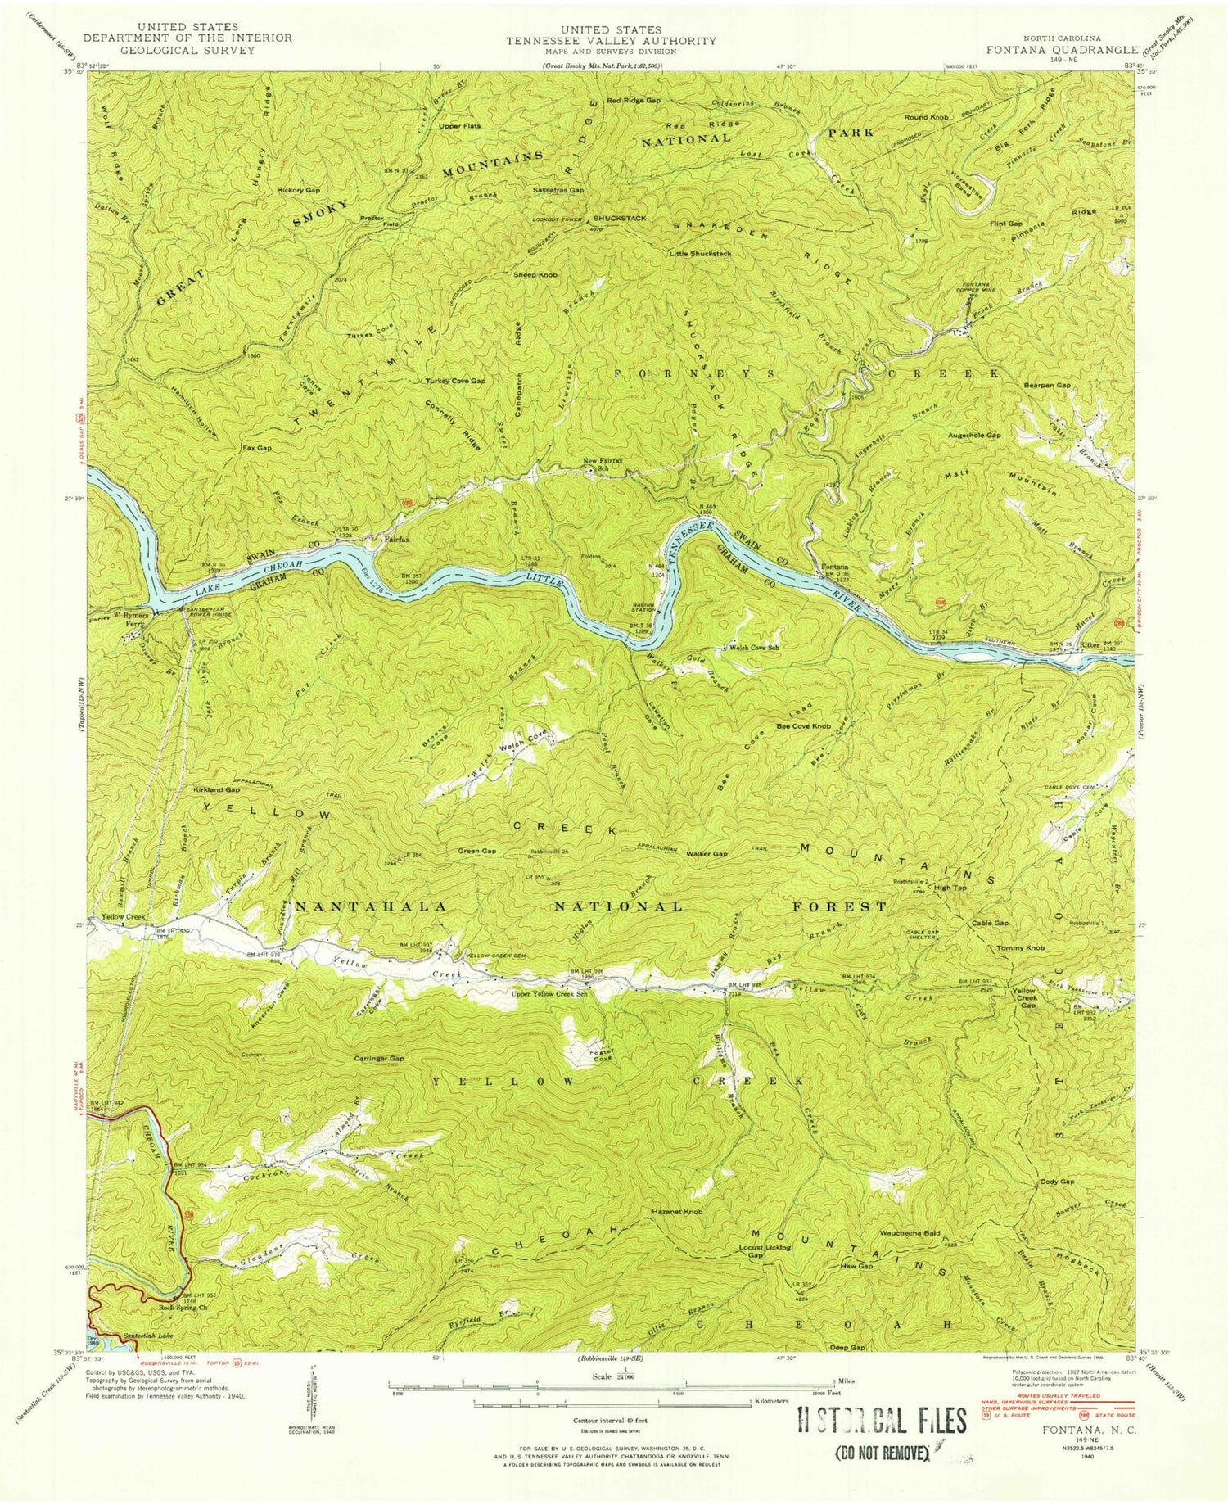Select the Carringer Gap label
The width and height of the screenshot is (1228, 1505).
[x=378, y=1058]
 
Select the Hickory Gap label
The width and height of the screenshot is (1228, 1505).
[x=298, y=190]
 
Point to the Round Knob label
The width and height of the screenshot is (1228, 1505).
[x=927, y=118]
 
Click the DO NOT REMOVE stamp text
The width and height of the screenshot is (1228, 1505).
[x=880, y=1454]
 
